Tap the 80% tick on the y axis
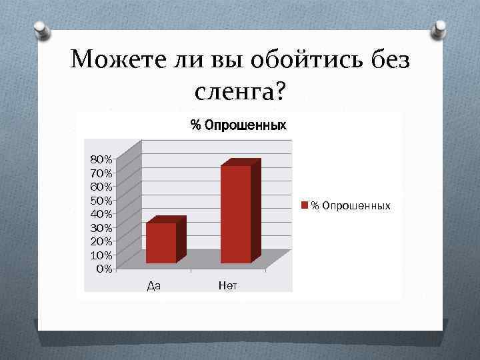[x=101, y=159]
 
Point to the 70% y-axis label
[x=101, y=173]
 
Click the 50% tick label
[x=101, y=200]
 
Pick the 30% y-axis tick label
[x=101, y=227]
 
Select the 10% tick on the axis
[x=101, y=255]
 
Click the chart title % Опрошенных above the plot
[x=238, y=125]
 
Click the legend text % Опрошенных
[x=351, y=205]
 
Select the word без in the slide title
[x=388, y=61]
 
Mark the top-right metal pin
[x=439, y=28]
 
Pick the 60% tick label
[x=101, y=186]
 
